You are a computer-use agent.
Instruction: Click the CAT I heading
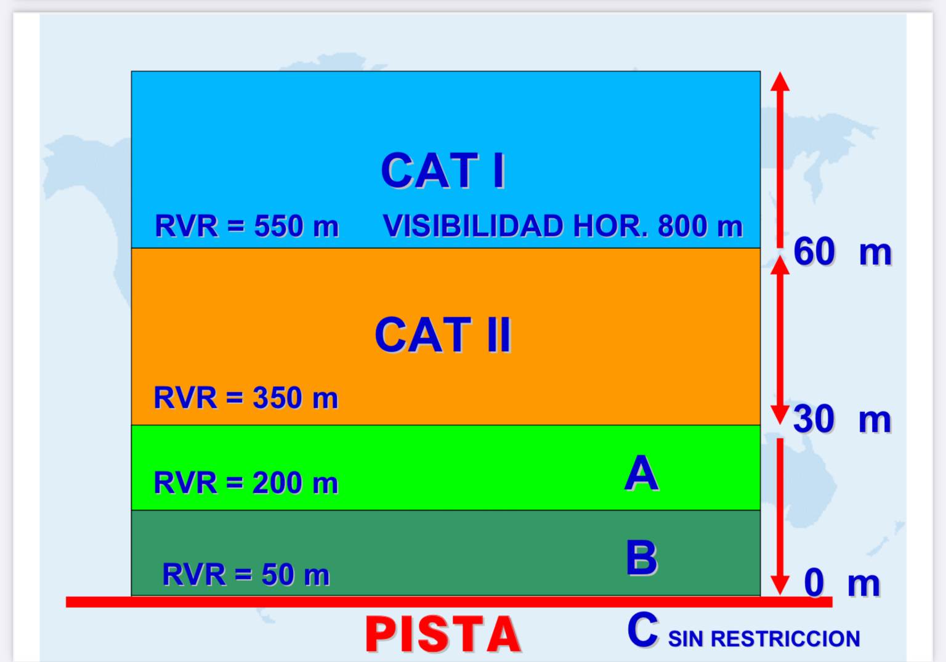[443, 171]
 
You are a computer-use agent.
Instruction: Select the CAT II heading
[443, 335]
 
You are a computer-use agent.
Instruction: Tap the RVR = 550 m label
[247, 226]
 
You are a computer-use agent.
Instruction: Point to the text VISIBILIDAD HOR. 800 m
[562, 226]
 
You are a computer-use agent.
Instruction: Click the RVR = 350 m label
[246, 398]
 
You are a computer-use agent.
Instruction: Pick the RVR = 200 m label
[246, 483]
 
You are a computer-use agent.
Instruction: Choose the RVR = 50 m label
[246, 575]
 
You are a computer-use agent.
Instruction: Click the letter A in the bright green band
[642, 474]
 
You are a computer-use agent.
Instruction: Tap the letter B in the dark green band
[642, 558]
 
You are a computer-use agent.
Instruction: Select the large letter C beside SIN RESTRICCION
[643, 630]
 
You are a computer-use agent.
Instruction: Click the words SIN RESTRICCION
[764, 639]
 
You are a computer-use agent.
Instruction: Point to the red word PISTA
[443, 634]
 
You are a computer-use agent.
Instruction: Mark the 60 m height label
[843, 252]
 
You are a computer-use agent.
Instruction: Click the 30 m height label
[842, 419]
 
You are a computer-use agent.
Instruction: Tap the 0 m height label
[842, 584]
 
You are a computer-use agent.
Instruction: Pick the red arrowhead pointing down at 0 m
[780, 586]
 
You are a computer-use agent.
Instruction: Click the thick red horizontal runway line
[449, 602]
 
